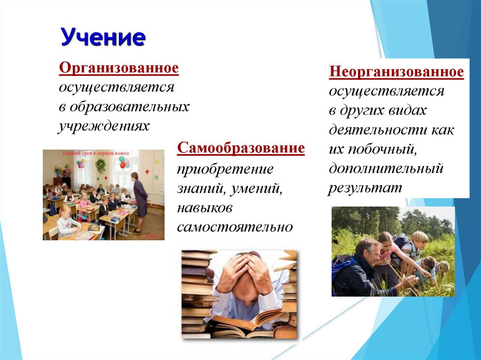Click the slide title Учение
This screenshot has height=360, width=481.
click(102, 37)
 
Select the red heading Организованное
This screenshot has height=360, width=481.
click(119, 68)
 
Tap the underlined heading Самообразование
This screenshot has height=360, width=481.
click(241, 149)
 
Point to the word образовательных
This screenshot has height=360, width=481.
click(130, 107)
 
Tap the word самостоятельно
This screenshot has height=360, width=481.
click(235, 227)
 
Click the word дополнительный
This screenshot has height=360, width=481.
click(386, 168)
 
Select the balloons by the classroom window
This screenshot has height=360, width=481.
click(124, 162)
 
